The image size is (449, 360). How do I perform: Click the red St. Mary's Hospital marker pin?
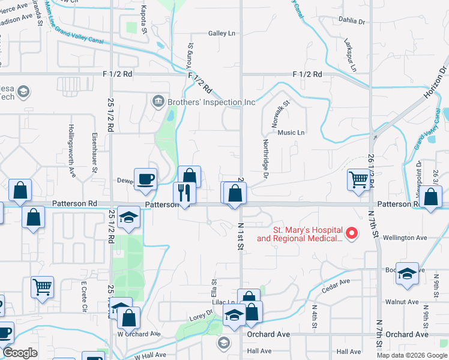[x=352, y=233]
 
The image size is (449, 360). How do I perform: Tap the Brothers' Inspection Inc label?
[x=211, y=102]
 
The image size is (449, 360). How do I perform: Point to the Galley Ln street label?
[x=221, y=34]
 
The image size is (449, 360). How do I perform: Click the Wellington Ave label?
[x=406, y=238]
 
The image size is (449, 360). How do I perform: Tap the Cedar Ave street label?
[x=335, y=283]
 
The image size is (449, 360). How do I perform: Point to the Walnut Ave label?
[x=402, y=302]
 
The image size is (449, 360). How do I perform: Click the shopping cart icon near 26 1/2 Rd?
[x=358, y=179]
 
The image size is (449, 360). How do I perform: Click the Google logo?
[x=20, y=353]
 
